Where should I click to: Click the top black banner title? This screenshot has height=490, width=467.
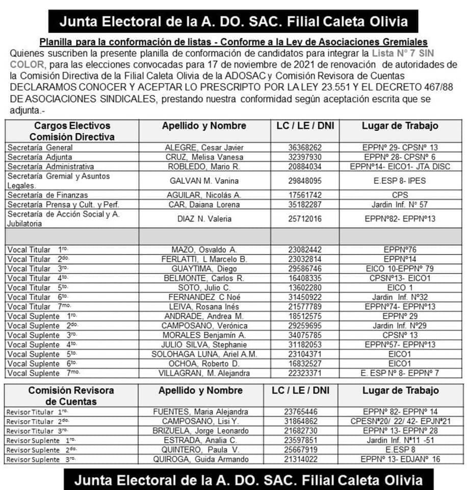point(233,22)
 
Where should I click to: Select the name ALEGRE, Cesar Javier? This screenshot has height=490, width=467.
point(204,147)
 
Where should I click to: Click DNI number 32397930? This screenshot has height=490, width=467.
point(304,157)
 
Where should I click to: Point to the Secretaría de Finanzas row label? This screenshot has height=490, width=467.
point(47,195)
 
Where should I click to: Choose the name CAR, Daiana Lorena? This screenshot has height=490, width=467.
point(204,205)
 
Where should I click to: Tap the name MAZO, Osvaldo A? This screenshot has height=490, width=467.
point(204,250)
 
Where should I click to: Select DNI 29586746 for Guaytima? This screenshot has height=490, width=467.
point(304,268)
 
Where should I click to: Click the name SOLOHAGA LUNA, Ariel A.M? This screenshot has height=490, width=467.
point(204,354)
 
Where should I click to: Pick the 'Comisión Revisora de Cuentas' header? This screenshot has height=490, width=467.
point(64,396)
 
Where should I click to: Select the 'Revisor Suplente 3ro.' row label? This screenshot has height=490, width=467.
point(40,459)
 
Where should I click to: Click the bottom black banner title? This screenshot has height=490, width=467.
point(248,480)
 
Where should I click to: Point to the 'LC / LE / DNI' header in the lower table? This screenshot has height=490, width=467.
point(301,390)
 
